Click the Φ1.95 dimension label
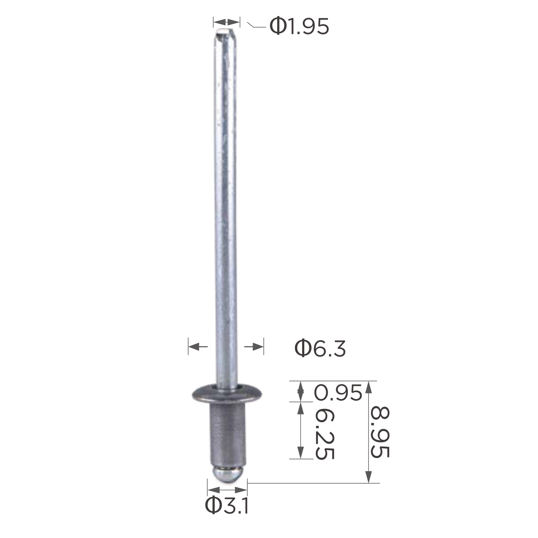(299, 27)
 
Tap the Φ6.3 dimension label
(320, 348)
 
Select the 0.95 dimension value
(338, 392)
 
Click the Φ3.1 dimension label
(227, 505)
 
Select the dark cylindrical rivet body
(227, 434)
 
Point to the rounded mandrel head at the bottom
(227, 475)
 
